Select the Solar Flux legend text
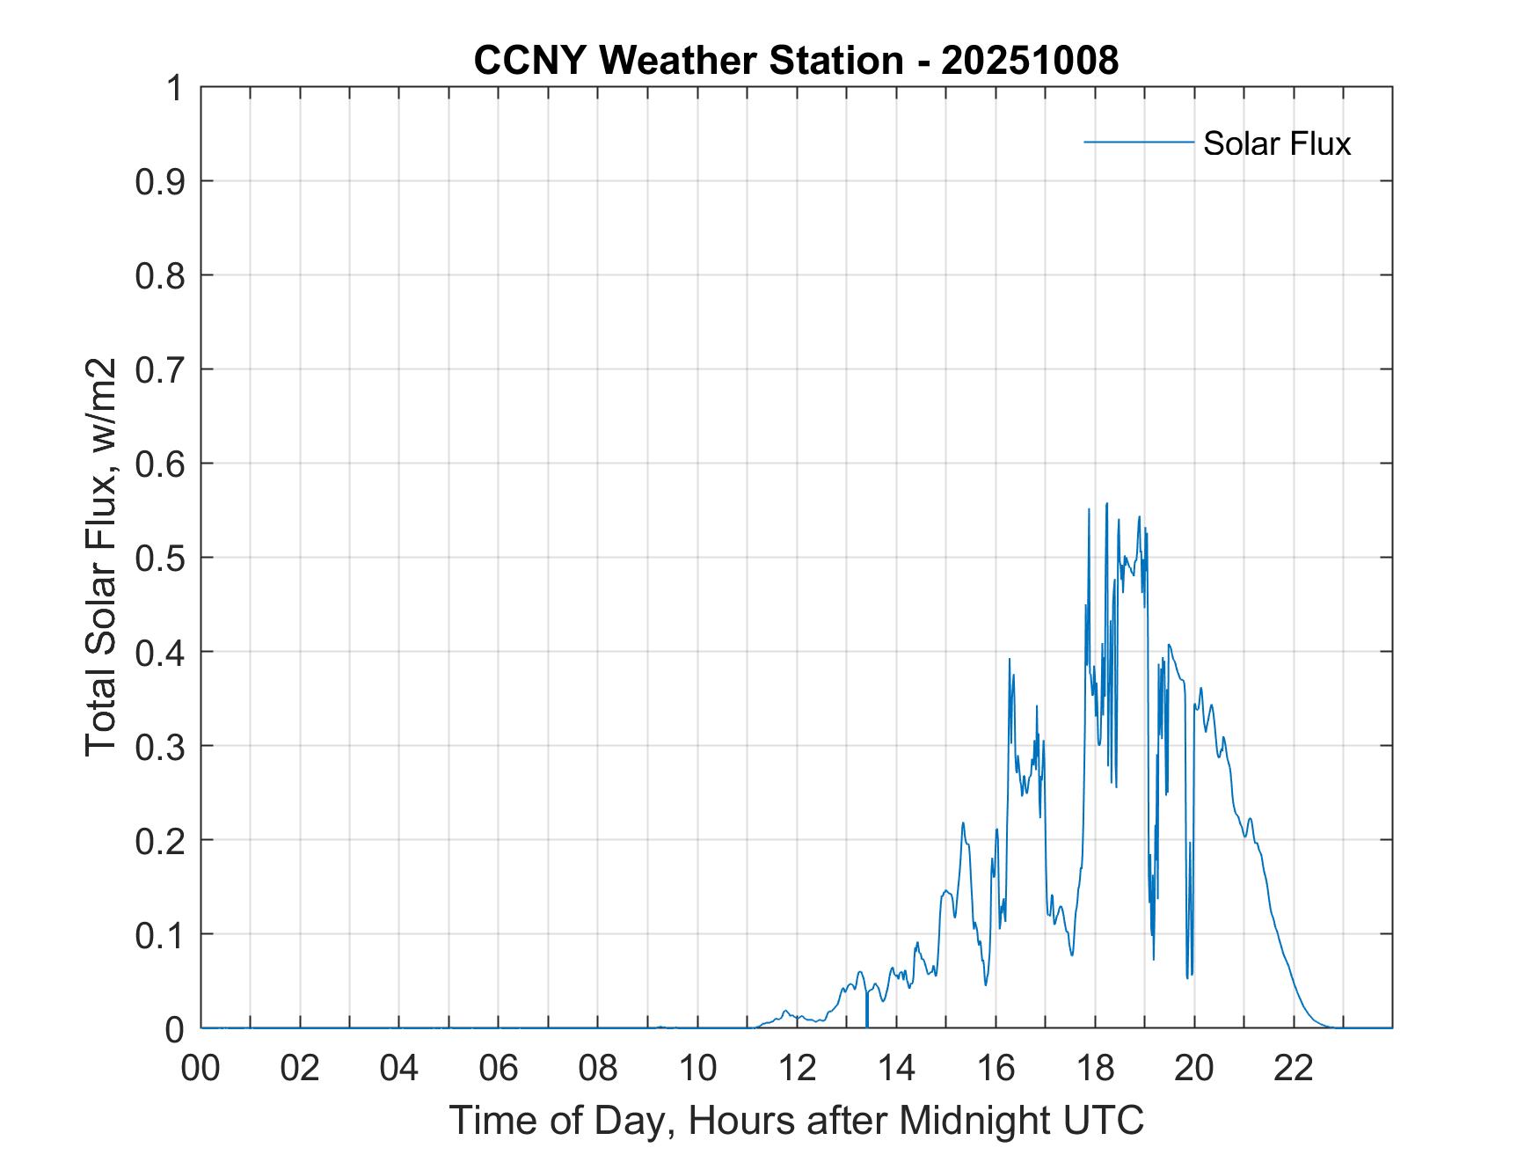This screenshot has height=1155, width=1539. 1276,143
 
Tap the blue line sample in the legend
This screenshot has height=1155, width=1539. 1138,142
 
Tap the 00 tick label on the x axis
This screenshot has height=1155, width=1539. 201,1069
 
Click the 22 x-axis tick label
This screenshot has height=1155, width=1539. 1294,1069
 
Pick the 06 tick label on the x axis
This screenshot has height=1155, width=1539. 499,1069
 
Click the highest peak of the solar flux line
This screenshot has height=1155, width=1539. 1106,504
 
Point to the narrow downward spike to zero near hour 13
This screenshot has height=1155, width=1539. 867,1020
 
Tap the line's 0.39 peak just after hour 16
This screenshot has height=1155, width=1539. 1009,659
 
